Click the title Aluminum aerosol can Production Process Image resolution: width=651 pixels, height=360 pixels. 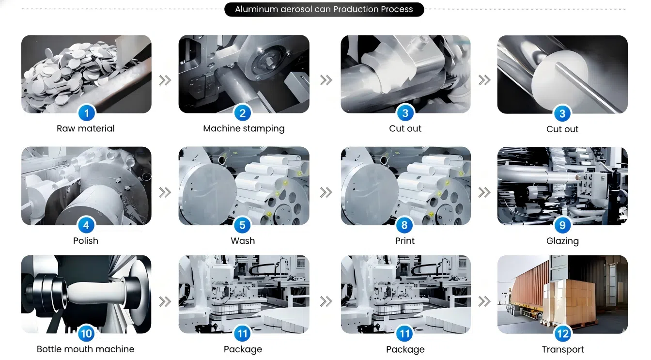point(324,9)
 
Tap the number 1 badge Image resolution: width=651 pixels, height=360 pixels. point(86,113)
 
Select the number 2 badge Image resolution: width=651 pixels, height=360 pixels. point(243,113)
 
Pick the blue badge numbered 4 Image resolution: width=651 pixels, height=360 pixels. point(86,225)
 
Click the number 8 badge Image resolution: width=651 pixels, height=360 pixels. point(404,225)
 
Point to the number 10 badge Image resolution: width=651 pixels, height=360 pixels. point(86,333)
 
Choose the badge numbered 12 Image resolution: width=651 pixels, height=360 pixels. point(563,333)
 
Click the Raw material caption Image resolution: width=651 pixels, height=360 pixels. point(85,128)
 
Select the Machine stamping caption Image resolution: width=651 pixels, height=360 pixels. point(244,129)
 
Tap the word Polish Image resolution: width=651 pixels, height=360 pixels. point(85,241)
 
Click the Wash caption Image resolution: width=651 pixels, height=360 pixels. point(243,241)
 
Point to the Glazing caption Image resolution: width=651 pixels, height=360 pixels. point(562,241)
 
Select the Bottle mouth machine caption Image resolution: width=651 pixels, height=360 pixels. point(85,349)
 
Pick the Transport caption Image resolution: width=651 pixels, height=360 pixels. point(563,349)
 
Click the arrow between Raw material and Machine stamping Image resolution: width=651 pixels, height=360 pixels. point(165,80)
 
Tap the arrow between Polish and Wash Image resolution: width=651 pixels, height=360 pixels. point(165,192)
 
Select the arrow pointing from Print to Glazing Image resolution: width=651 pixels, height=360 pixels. point(484,192)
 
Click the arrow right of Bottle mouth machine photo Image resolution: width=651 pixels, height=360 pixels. point(165,301)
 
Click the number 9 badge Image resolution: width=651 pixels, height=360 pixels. point(563,225)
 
